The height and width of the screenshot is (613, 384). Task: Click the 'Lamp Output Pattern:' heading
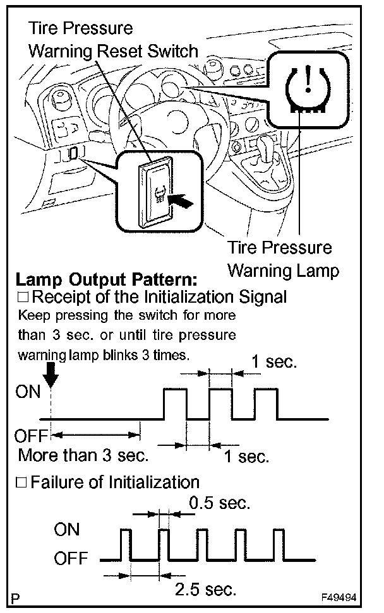pos(106,279)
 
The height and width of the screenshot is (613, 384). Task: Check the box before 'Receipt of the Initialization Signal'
pos(25,297)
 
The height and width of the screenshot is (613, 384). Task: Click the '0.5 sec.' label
pos(220,503)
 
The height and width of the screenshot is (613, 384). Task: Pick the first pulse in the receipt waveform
pos(175,404)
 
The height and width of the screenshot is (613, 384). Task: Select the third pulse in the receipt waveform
pos(267,404)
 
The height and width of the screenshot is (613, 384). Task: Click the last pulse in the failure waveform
pos(279,544)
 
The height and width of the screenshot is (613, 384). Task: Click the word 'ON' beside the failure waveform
pos(67,530)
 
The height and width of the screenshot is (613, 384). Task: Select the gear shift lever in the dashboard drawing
pos(265,155)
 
